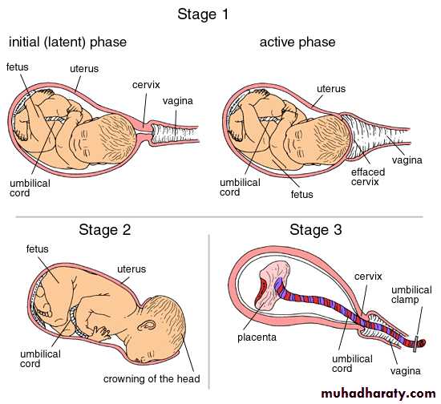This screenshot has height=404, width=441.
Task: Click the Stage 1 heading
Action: click(203, 14)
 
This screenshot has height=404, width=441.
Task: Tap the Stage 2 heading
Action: click(104, 230)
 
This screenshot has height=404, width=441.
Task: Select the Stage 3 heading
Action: click(316, 230)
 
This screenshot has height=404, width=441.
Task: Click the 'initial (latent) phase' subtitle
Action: click(68, 42)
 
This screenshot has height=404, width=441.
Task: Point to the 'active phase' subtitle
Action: click(297, 42)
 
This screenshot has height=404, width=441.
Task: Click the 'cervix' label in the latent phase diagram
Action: click(146, 85)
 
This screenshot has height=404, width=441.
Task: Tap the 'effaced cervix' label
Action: click(368, 177)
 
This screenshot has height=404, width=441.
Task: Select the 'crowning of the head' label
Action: click(152, 378)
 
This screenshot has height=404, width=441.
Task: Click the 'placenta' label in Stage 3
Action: click(257, 337)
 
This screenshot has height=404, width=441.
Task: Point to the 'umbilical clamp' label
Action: click(411, 295)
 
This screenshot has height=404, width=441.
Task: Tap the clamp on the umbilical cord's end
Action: click(415, 344)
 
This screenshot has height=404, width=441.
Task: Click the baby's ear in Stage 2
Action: click(147, 325)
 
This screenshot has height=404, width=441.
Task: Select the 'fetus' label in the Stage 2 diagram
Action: click(38, 248)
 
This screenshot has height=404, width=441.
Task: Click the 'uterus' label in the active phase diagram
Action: click(331, 89)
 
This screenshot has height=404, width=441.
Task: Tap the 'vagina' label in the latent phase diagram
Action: click(178, 101)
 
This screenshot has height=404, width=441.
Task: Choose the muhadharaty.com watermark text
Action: click(378, 394)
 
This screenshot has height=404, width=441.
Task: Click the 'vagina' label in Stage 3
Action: click(405, 371)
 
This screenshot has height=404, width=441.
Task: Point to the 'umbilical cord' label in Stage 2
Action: click(40, 359)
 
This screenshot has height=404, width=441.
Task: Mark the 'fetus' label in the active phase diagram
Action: click(301, 194)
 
